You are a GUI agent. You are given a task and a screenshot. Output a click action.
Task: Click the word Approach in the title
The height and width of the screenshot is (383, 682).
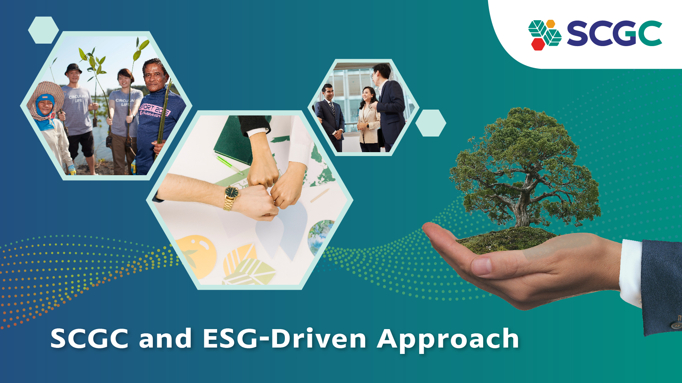[x=448, y=339]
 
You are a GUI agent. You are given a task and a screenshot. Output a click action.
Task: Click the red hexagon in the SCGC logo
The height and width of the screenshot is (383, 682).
[x=538, y=44]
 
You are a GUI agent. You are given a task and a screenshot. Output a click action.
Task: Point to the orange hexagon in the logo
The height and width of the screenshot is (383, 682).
[x=550, y=24]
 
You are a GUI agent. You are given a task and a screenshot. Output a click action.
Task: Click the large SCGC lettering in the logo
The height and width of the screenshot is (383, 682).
[x=614, y=33]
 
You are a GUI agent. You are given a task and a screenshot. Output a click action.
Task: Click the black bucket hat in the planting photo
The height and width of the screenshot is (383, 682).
[x=73, y=68]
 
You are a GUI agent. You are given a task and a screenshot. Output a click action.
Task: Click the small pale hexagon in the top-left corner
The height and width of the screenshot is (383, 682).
[x=43, y=30]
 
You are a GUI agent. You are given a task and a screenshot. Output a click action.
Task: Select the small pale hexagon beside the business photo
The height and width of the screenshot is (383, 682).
[x=431, y=123]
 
